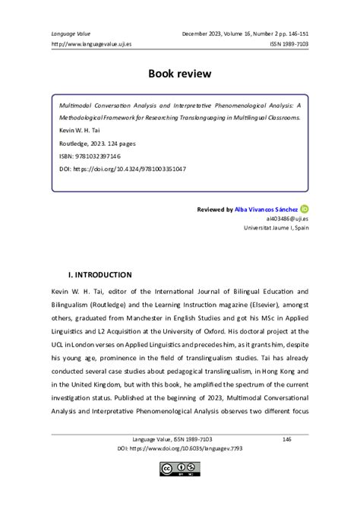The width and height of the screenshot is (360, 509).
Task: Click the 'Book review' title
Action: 179,74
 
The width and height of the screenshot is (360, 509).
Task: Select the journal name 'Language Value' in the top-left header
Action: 71,33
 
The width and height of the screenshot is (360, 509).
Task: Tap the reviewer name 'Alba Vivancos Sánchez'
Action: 266,208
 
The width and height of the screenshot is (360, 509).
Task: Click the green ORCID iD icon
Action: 305,208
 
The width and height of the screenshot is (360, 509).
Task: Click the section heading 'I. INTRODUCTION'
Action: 100,274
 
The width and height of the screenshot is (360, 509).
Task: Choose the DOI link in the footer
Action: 179,449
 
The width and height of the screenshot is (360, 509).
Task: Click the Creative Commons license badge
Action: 179,469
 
